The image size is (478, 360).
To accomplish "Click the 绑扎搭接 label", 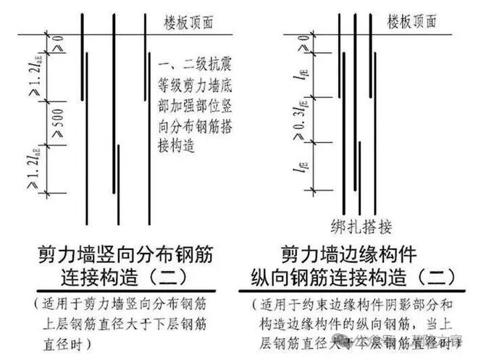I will pos(361,226).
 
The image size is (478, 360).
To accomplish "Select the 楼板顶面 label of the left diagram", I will pos(190,22).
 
